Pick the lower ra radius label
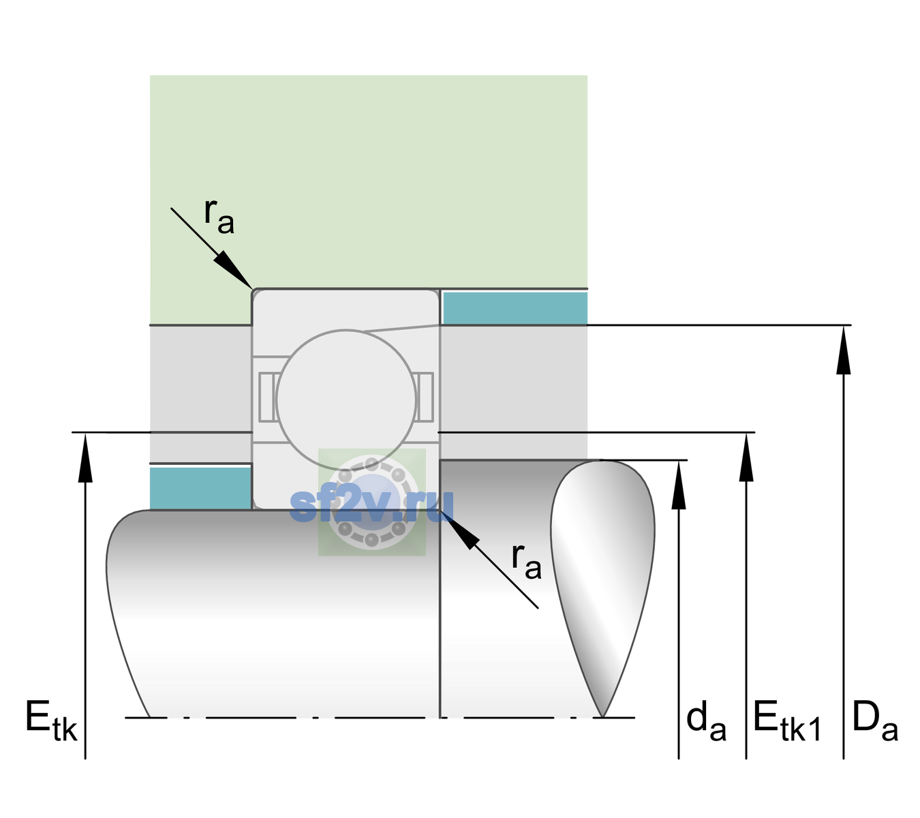[x=526, y=561]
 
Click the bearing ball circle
[x=346, y=399]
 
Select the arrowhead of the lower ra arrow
[x=459, y=529]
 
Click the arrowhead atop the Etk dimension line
[x=85, y=457]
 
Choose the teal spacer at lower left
[x=200, y=488]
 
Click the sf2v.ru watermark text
[x=371, y=505]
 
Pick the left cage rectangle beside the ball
[x=267, y=397]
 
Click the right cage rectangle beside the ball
[x=425, y=397]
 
